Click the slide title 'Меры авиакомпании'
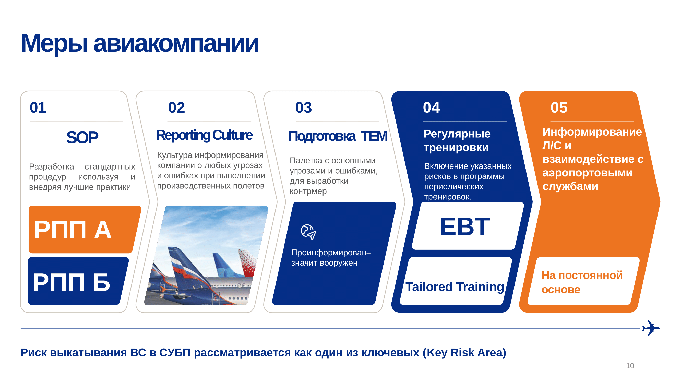[140, 44]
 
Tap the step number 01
[38, 107]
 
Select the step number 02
[176, 107]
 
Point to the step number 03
[304, 107]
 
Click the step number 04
[431, 107]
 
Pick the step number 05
[559, 107]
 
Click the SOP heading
[82, 138]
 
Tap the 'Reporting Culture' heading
[204, 135]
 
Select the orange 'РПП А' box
[85, 230]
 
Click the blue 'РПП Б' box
[78, 281]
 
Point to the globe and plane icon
[308, 232]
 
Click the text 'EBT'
[465, 227]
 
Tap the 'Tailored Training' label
[455, 287]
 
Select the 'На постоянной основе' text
[582, 282]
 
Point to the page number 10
[630, 366]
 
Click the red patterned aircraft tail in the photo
[248, 263]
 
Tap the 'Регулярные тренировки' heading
[457, 141]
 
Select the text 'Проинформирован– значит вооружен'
[331, 258]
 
